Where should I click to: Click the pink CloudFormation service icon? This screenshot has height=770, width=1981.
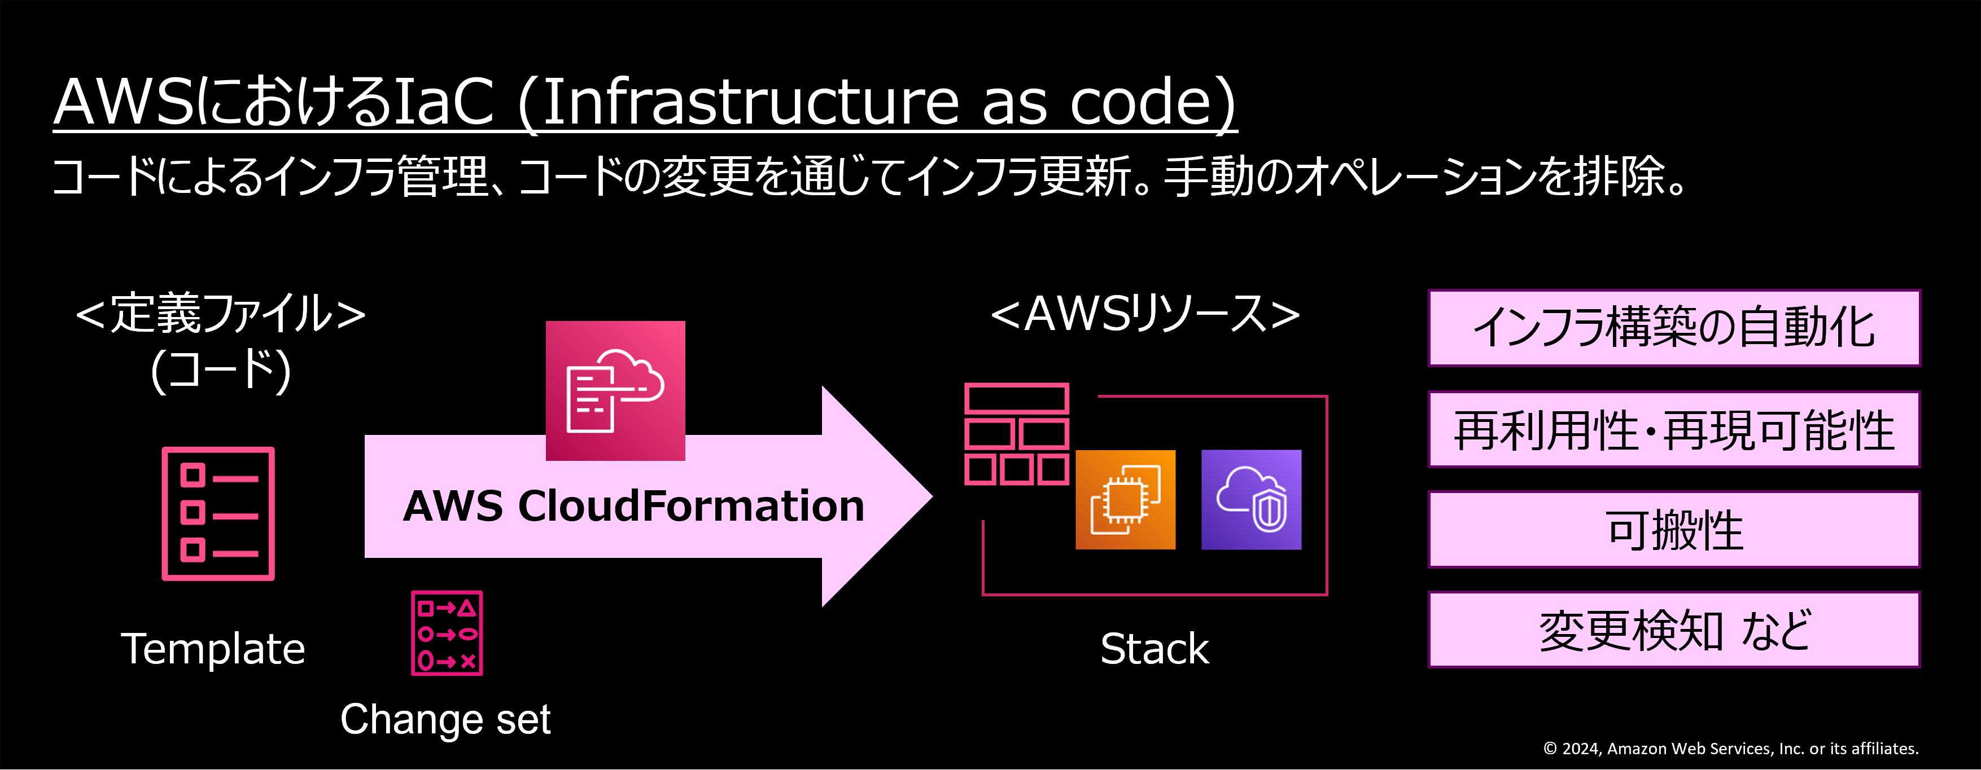(x=615, y=390)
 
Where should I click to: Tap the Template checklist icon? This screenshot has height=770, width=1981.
(x=218, y=513)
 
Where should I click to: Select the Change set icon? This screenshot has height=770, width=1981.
(x=447, y=633)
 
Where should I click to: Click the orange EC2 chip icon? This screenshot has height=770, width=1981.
(x=1125, y=499)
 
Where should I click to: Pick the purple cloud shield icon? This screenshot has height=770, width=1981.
(x=1251, y=499)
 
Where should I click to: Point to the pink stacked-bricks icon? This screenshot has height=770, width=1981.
(x=1017, y=434)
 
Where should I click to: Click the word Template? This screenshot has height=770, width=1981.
(x=213, y=649)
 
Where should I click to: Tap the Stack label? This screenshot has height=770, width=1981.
(x=1155, y=649)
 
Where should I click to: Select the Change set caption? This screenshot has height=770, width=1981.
(x=445, y=719)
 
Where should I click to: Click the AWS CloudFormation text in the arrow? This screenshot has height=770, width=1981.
(x=633, y=505)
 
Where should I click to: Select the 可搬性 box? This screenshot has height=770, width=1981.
(x=1674, y=530)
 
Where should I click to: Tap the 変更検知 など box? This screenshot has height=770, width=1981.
(x=1674, y=630)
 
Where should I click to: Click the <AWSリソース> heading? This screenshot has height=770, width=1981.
(x=1145, y=314)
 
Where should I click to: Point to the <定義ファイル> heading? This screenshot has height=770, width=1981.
(x=221, y=314)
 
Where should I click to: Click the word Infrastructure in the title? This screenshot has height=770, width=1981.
(x=750, y=102)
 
